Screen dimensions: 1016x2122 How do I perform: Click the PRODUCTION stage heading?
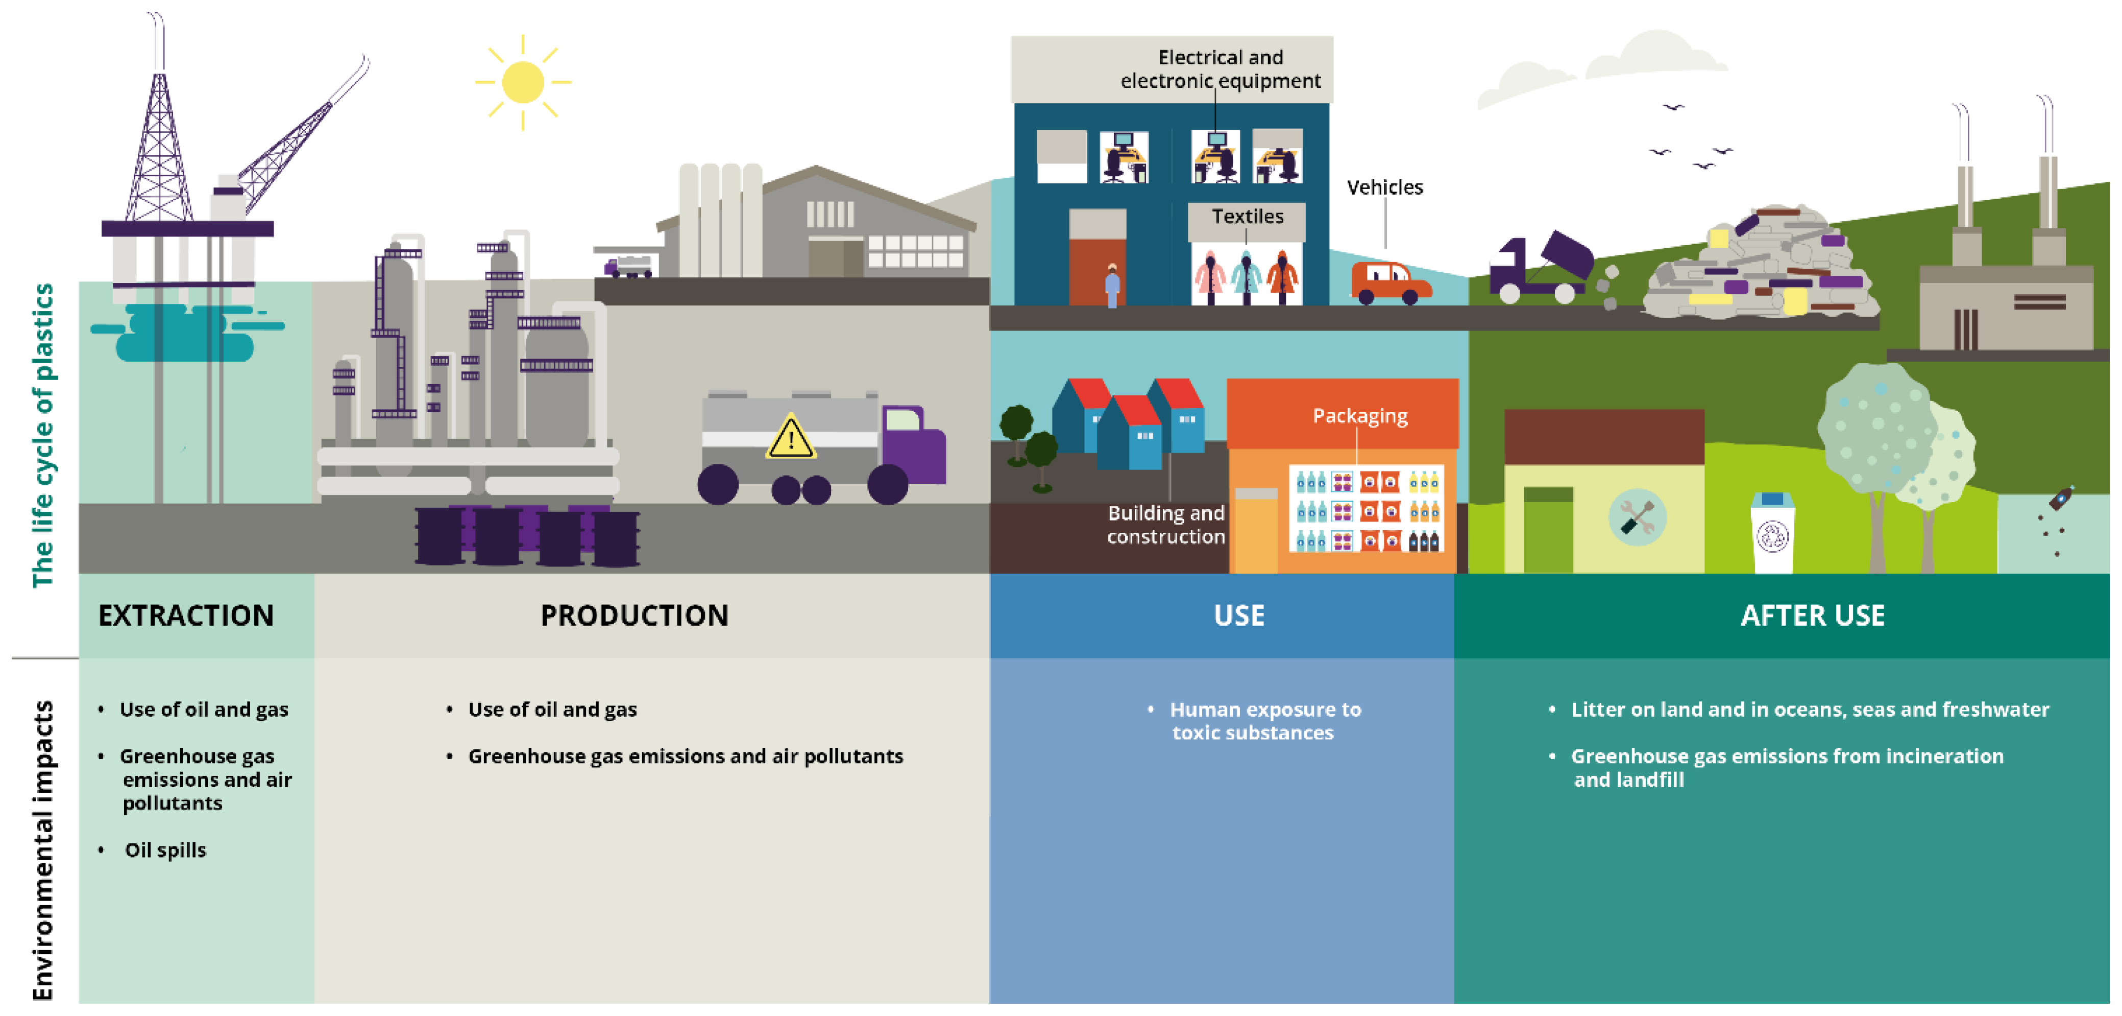635,616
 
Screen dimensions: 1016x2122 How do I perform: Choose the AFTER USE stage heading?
1812,616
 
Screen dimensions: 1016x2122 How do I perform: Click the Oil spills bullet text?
165,849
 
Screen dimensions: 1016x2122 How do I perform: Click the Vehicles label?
1385,187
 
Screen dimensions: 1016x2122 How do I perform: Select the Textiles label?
1247,216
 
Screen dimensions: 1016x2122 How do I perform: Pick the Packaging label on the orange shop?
1359,416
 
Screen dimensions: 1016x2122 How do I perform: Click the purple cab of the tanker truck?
913,445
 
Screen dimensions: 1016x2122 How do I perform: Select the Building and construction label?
1165,525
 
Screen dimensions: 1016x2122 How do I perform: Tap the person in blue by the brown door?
1112,286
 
